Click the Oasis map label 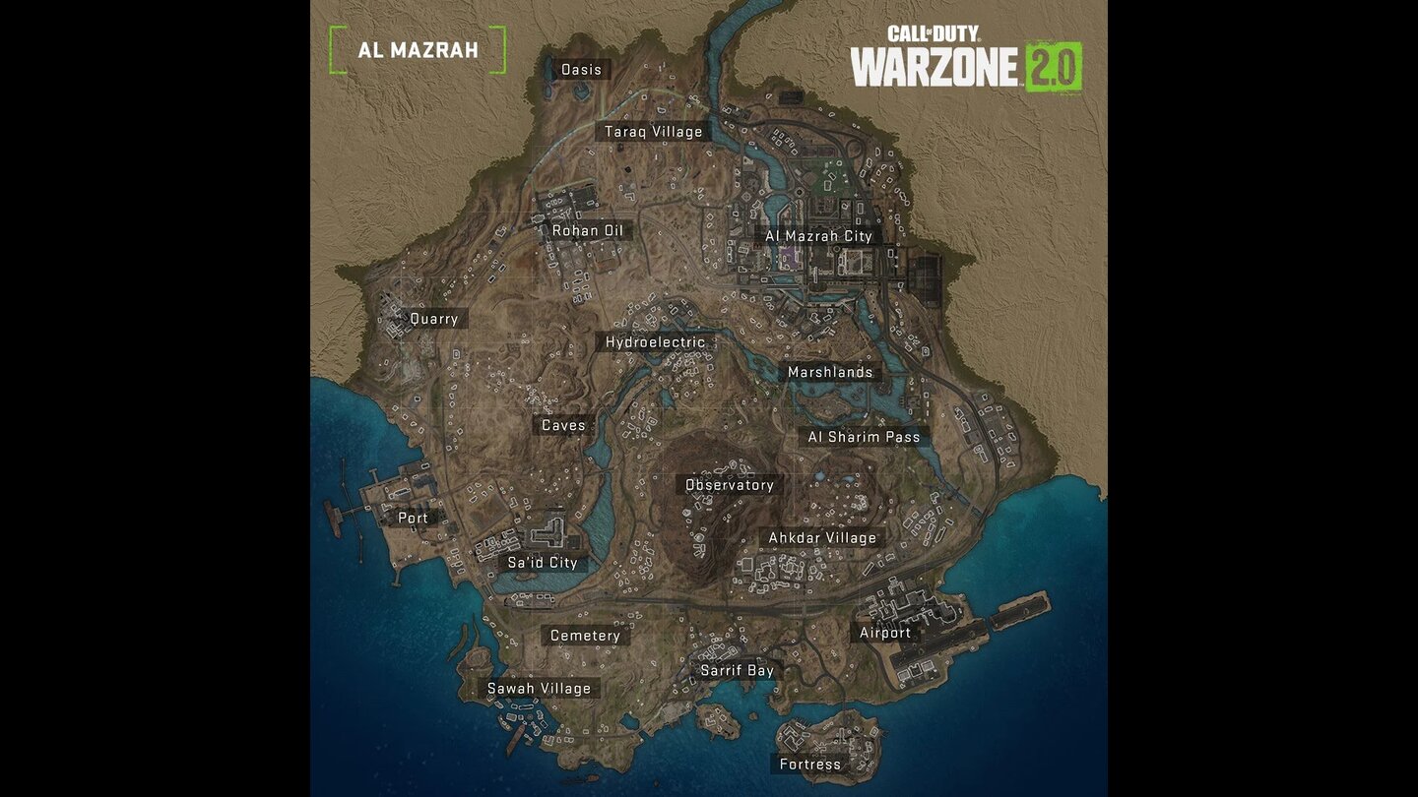point(581,70)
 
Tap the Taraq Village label point(654,132)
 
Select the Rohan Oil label point(588,231)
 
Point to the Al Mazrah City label point(819,236)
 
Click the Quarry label point(434,319)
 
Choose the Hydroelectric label point(655,342)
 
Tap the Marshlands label point(830,372)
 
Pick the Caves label point(563,426)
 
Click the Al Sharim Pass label point(864,437)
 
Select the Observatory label point(730,485)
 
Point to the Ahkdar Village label point(822,538)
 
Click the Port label point(413,518)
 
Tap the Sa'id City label point(542,563)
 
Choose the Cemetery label point(585,636)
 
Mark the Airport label point(885,633)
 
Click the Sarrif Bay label point(737,671)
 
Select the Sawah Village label point(540,689)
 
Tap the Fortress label point(810,765)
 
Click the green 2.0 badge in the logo point(1054,67)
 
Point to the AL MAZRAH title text point(418,50)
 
